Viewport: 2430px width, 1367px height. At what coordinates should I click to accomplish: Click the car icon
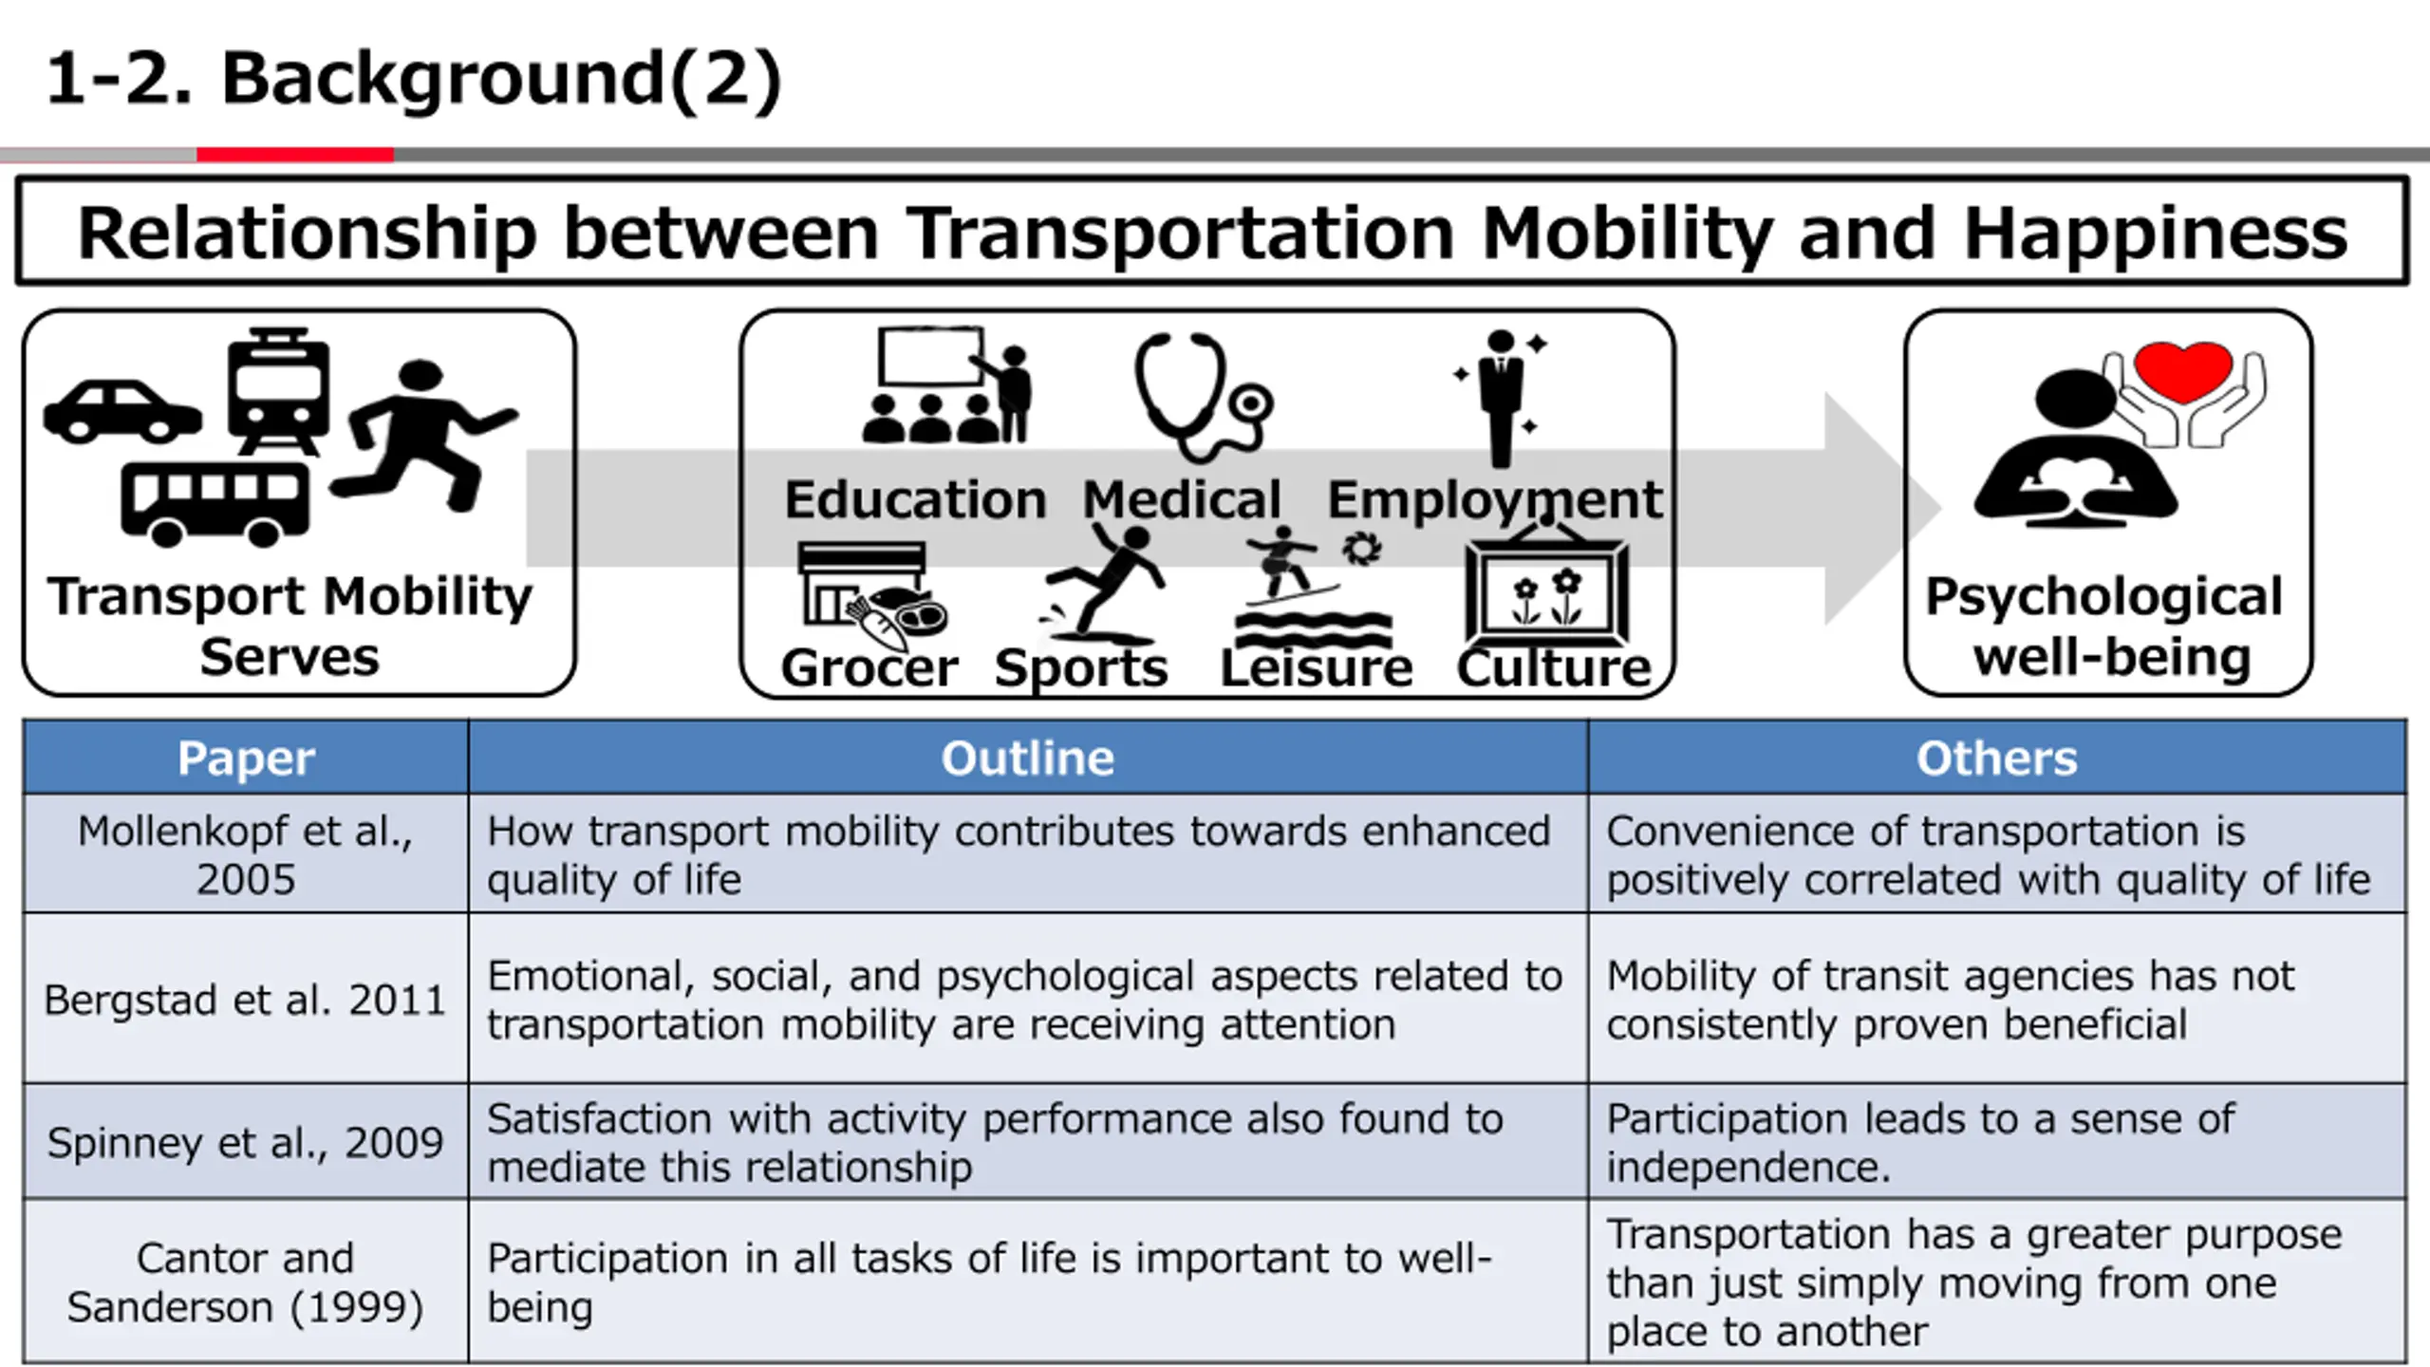[x=121, y=413]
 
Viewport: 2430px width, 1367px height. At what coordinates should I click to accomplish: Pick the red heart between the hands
[x=2182, y=370]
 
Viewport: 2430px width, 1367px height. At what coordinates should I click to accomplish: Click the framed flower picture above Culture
[x=1547, y=593]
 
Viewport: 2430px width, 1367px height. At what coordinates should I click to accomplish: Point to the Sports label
[x=1081, y=667]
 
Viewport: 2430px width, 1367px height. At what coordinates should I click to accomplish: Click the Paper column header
[x=246, y=758]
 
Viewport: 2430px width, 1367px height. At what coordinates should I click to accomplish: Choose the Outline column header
[x=1028, y=758]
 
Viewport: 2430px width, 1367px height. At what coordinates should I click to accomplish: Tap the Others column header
[x=1996, y=758]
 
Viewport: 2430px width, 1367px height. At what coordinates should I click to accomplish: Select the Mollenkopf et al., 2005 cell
[x=246, y=854]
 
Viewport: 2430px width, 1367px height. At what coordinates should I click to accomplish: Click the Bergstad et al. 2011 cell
[x=246, y=1000]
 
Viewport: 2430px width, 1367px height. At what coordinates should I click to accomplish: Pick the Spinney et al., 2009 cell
[x=246, y=1142]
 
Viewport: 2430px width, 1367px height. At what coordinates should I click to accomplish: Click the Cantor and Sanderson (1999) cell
[x=246, y=1282]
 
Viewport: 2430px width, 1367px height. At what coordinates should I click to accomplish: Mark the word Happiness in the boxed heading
[x=2155, y=233]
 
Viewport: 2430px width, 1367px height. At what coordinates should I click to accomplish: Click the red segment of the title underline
[x=295, y=155]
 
